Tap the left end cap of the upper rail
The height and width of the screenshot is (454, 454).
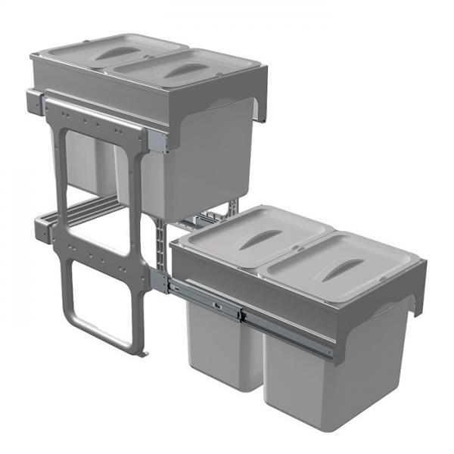[x=35, y=101]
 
